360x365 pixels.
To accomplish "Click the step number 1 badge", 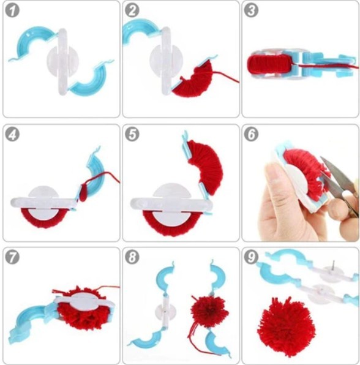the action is pyautogui.click(x=12, y=10).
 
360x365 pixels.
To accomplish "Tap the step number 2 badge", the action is pyautogui.click(x=132, y=10).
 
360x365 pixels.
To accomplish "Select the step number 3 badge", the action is pyautogui.click(x=251, y=10).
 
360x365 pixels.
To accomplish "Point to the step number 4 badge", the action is pyautogui.click(x=12, y=134).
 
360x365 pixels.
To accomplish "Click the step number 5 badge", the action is pyautogui.click(x=132, y=134).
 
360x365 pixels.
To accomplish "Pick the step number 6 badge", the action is pyautogui.click(x=251, y=134).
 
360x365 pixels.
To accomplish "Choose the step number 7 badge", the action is pyautogui.click(x=12, y=257).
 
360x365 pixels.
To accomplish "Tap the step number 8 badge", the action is pyautogui.click(x=132, y=257).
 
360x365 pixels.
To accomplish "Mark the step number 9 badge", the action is pyautogui.click(x=251, y=257).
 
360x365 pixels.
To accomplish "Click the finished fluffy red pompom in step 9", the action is pyautogui.click(x=286, y=326).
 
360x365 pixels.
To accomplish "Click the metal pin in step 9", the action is pyautogui.click(x=333, y=266).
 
